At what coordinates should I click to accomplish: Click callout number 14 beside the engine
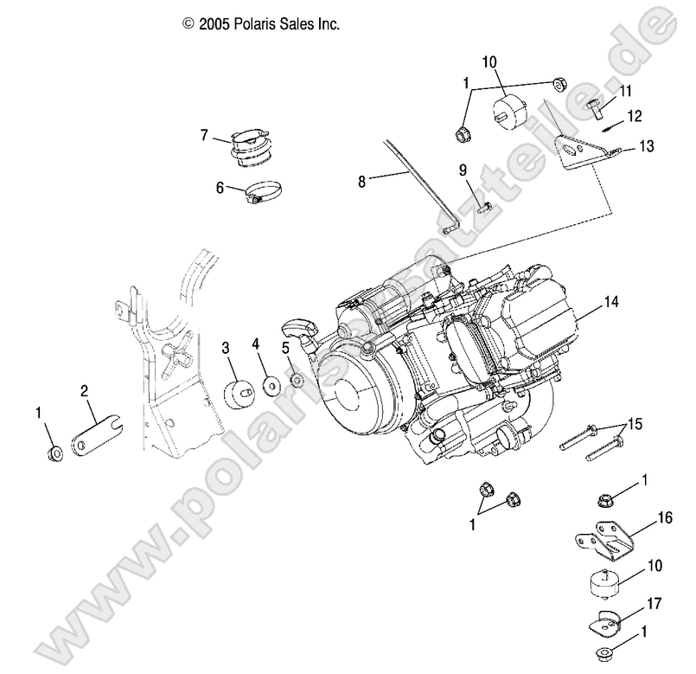pyautogui.click(x=611, y=302)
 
